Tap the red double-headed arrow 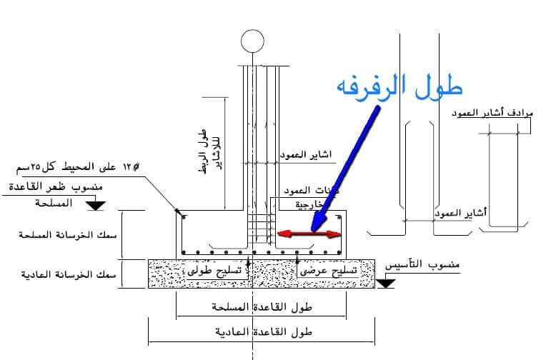(x=309, y=234)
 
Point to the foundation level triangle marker (x=387, y=283)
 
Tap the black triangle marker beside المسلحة (x=95, y=206)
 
